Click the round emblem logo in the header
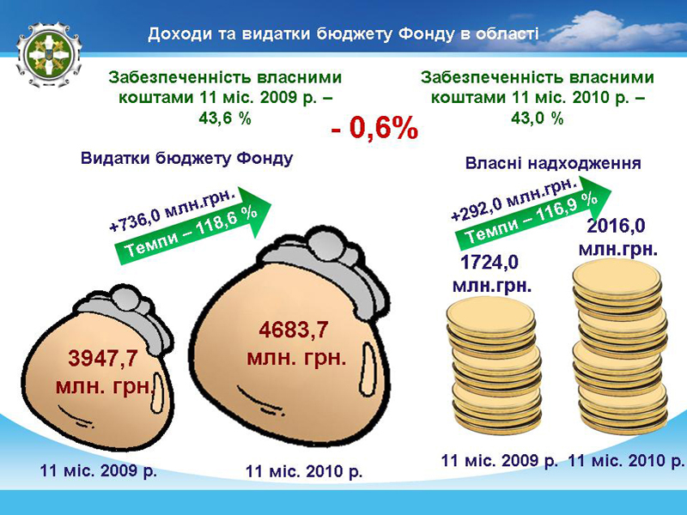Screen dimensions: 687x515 tap(49, 55)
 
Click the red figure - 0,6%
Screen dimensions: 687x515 tap(374, 128)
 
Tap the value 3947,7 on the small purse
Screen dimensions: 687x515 tap(103, 359)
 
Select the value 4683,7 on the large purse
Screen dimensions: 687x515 tap(294, 330)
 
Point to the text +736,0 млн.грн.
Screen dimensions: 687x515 tap(173, 209)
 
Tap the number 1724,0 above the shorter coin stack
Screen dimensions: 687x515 tap(489, 263)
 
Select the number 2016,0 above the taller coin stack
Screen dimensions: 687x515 tap(616, 226)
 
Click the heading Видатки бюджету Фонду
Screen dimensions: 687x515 tap(186, 158)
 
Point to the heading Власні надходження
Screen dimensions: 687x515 tap(553, 163)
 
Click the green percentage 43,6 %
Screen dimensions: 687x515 tap(225, 118)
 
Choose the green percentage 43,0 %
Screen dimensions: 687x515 tap(538, 118)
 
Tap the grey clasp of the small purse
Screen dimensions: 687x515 tap(127, 315)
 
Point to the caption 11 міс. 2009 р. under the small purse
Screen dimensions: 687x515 tap(98, 470)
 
